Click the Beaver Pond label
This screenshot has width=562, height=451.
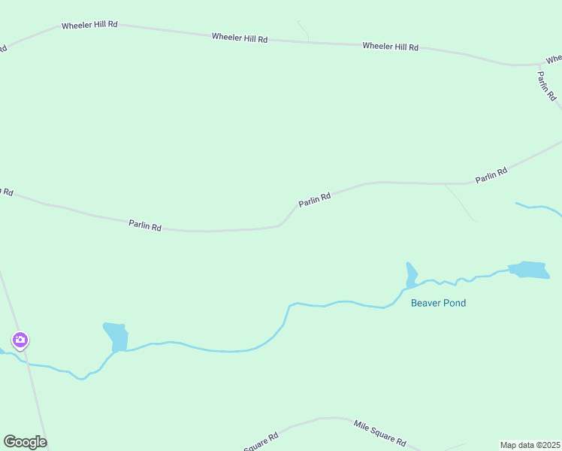coord(438,304)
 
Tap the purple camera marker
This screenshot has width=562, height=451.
coord(20,341)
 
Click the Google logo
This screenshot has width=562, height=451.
coord(25,442)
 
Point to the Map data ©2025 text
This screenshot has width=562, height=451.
coord(530,445)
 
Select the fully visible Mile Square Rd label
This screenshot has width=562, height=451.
coord(380,432)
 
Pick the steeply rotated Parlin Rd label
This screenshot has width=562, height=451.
coord(546,86)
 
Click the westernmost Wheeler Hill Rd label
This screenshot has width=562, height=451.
coord(89,25)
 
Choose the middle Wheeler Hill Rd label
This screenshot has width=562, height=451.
coord(240,37)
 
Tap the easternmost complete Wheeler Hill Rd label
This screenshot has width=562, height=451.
coord(390,47)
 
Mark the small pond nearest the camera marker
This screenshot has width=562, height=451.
coord(116,335)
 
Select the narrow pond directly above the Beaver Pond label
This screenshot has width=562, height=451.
coord(411,275)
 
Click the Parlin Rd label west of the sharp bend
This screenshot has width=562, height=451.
coord(145,225)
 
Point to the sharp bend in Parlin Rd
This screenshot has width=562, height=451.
coord(281,224)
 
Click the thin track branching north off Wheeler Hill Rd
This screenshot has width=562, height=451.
coord(304,30)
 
